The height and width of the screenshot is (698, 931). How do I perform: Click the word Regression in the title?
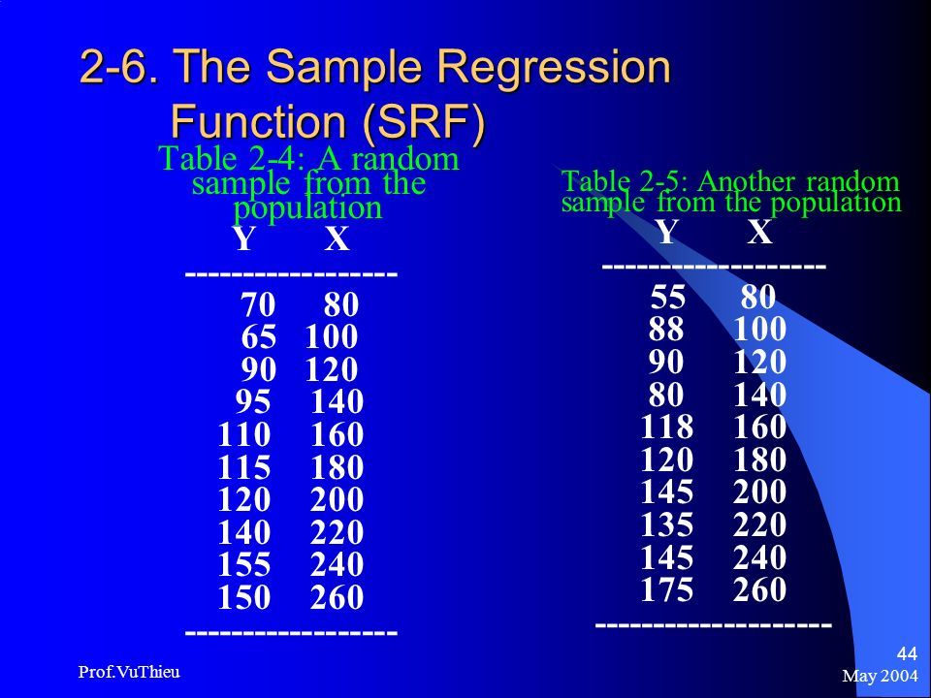point(554,67)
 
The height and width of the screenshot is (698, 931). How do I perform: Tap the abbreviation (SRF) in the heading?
point(424,122)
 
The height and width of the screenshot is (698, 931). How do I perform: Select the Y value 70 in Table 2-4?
point(258,304)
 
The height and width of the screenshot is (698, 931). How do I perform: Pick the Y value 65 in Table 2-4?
point(258,337)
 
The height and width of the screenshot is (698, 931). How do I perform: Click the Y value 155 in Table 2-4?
point(244,564)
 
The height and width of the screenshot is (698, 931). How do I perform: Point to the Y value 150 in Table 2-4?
point(244,597)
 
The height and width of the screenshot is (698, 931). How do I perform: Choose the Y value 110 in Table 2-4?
point(244,434)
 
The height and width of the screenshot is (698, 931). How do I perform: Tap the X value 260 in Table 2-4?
point(337,597)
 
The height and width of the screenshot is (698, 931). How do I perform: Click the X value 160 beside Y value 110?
point(337,434)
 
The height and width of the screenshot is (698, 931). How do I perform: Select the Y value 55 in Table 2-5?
point(668,297)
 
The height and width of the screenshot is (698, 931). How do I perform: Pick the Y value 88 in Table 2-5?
point(666,329)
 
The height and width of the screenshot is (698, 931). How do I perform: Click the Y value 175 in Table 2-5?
point(667,589)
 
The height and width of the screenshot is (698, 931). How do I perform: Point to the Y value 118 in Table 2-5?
point(667,427)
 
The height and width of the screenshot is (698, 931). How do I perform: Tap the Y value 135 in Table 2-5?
point(667,524)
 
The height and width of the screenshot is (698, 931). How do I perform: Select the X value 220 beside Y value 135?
point(759,524)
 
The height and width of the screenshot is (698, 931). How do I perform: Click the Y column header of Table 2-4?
point(244,238)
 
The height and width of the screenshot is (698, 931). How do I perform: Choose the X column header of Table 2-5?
point(760,232)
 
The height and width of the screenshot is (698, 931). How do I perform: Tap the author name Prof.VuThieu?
point(129,672)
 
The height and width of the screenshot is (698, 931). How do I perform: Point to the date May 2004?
point(880,676)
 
